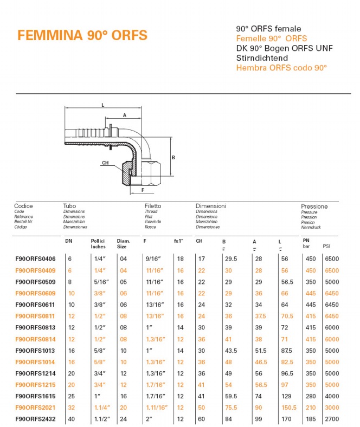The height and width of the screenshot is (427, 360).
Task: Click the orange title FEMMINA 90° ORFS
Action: click(82, 36)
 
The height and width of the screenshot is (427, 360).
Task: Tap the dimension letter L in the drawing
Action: click(102, 105)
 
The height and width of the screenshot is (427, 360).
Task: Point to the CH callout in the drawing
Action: click(105, 163)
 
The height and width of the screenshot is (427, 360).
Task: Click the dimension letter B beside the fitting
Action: click(173, 157)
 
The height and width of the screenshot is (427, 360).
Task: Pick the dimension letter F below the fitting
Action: click(143, 190)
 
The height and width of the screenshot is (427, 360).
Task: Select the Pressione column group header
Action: click(314, 206)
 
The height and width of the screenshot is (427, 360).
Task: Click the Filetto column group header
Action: click(152, 206)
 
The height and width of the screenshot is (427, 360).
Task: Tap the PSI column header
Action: click(326, 245)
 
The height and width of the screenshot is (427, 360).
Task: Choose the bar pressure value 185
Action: click(310, 419)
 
